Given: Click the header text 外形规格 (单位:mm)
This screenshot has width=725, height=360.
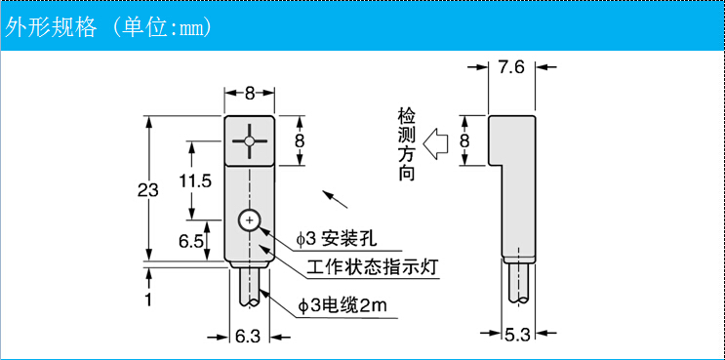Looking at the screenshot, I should [x=108, y=26].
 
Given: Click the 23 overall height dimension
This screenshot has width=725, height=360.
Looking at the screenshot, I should [x=147, y=191].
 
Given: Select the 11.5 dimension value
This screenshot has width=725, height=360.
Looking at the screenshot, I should [x=195, y=180].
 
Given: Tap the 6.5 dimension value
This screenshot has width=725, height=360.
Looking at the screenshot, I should [x=191, y=240].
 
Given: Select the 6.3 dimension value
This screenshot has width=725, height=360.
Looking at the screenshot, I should [x=248, y=337].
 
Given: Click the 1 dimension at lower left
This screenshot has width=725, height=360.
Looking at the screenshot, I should [x=148, y=300].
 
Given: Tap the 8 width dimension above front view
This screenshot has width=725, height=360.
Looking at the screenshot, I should [x=250, y=94].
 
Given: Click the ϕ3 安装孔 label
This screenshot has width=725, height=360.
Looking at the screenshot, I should [x=337, y=239].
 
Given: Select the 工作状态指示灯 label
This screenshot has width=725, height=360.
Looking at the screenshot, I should [x=371, y=268].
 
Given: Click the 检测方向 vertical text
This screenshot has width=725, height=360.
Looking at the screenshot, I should [x=408, y=143].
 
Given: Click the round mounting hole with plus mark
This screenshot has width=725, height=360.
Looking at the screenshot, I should [x=250, y=221].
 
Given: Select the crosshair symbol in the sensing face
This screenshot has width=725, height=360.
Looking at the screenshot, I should [x=250, y=141].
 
